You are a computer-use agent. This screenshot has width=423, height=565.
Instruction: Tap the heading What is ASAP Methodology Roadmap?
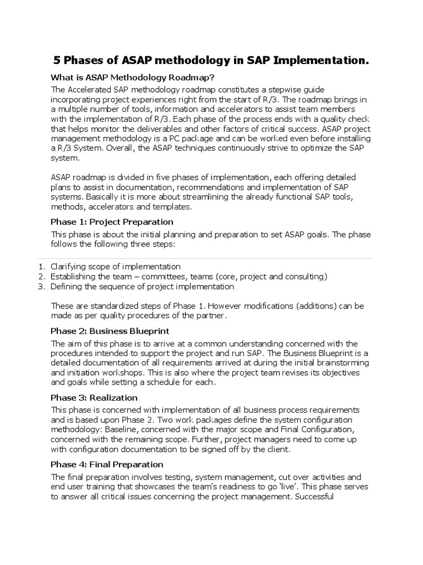pos(133,77)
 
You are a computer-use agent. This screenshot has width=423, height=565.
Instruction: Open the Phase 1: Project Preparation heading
pos(112,222)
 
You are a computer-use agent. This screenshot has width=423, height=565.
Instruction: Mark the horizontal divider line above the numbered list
pos(211,258)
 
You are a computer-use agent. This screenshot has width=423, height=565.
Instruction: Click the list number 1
pos(41,266)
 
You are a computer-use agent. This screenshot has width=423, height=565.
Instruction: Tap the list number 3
pos(41,286)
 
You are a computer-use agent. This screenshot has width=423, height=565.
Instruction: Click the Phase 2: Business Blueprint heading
pos(110,331)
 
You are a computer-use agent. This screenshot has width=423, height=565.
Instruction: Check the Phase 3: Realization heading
pos(94,397)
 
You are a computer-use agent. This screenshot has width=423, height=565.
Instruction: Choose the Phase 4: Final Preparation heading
pos(107,464)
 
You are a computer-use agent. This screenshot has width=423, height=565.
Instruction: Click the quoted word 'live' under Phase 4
pos(288,487)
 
